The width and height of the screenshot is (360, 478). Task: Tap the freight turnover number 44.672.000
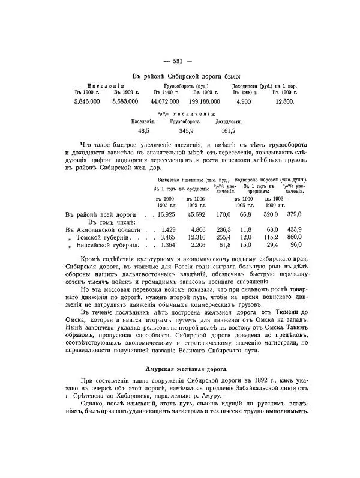tap(170, 103)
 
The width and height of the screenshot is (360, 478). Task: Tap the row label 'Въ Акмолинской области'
tap(99, 229)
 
